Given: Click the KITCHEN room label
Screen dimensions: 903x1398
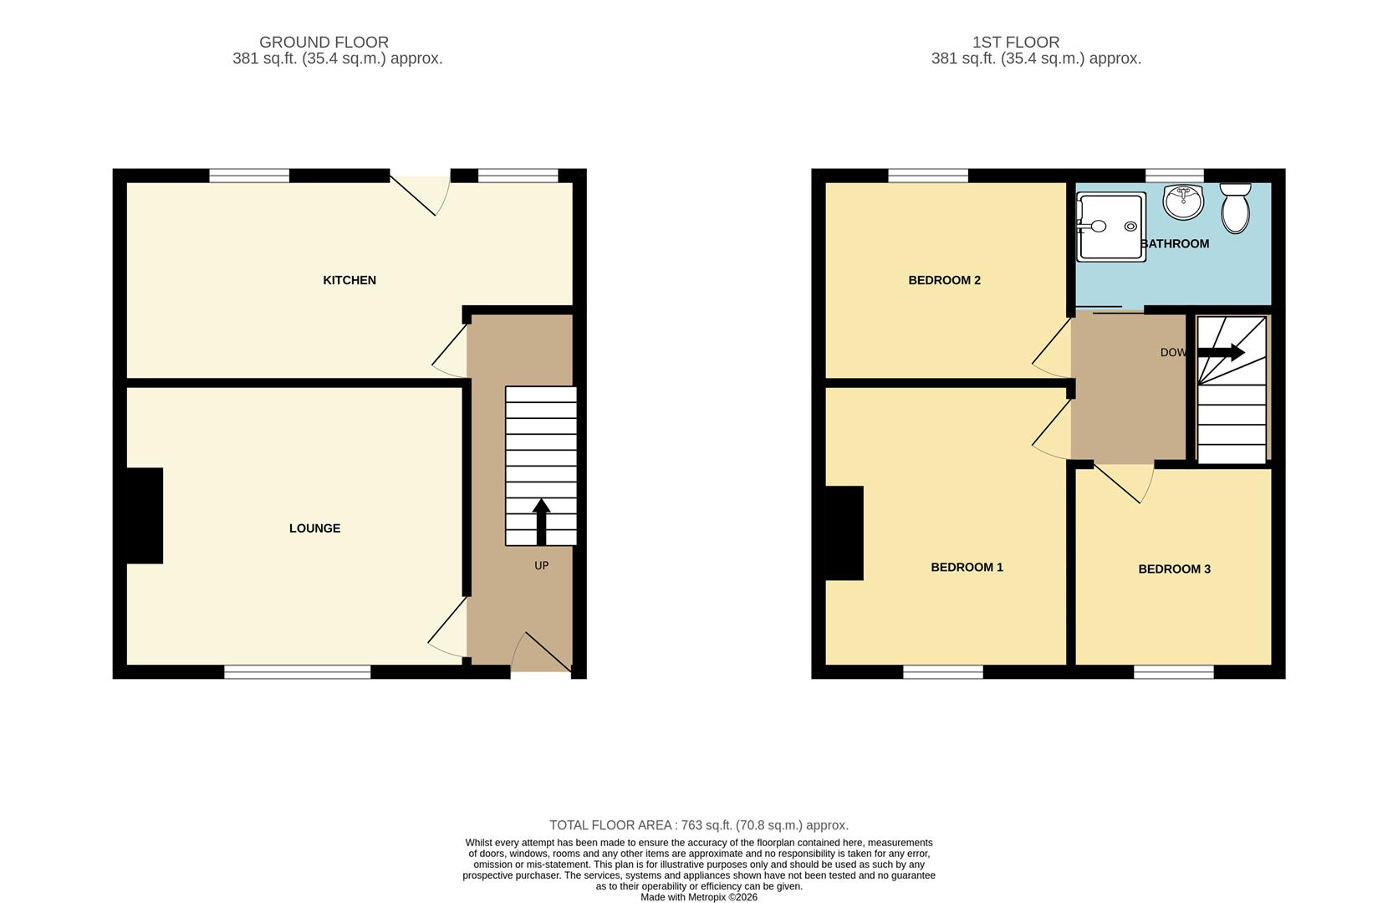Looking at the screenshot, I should [349, 280].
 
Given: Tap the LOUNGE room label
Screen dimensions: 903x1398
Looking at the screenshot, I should [314, 528].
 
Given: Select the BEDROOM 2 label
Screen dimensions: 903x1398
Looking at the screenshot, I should [944, 280].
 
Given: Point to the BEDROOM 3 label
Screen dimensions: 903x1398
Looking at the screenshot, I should [1174, 569].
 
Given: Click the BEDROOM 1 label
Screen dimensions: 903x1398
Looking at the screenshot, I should [967, 568].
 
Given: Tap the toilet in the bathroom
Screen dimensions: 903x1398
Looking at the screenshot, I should [1235, 208].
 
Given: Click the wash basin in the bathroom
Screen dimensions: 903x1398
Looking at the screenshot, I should [1183, 202].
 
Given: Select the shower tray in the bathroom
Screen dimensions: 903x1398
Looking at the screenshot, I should [1110, 227].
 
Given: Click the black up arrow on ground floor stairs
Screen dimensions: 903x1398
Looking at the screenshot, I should [541, 521].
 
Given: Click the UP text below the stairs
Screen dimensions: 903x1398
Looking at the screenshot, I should [541, 566].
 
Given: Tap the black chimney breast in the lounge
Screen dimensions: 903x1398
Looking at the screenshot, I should [144, 515].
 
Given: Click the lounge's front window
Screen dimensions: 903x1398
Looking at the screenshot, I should [297, 671].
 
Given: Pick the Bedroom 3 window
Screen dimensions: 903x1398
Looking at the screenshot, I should [1173, 671].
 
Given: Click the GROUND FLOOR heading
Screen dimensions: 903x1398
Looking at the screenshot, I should [324, 42].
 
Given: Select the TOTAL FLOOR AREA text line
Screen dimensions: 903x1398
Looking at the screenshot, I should [698, 825].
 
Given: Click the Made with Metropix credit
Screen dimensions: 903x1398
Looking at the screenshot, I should [698, 897].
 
